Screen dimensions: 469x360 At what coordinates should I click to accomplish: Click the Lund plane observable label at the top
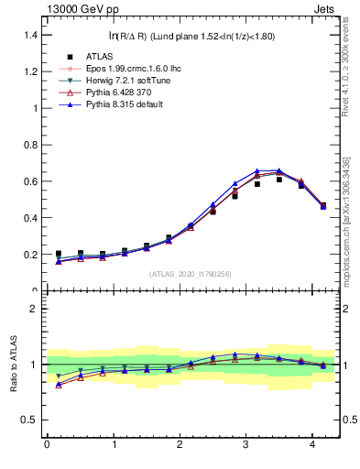192,36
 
